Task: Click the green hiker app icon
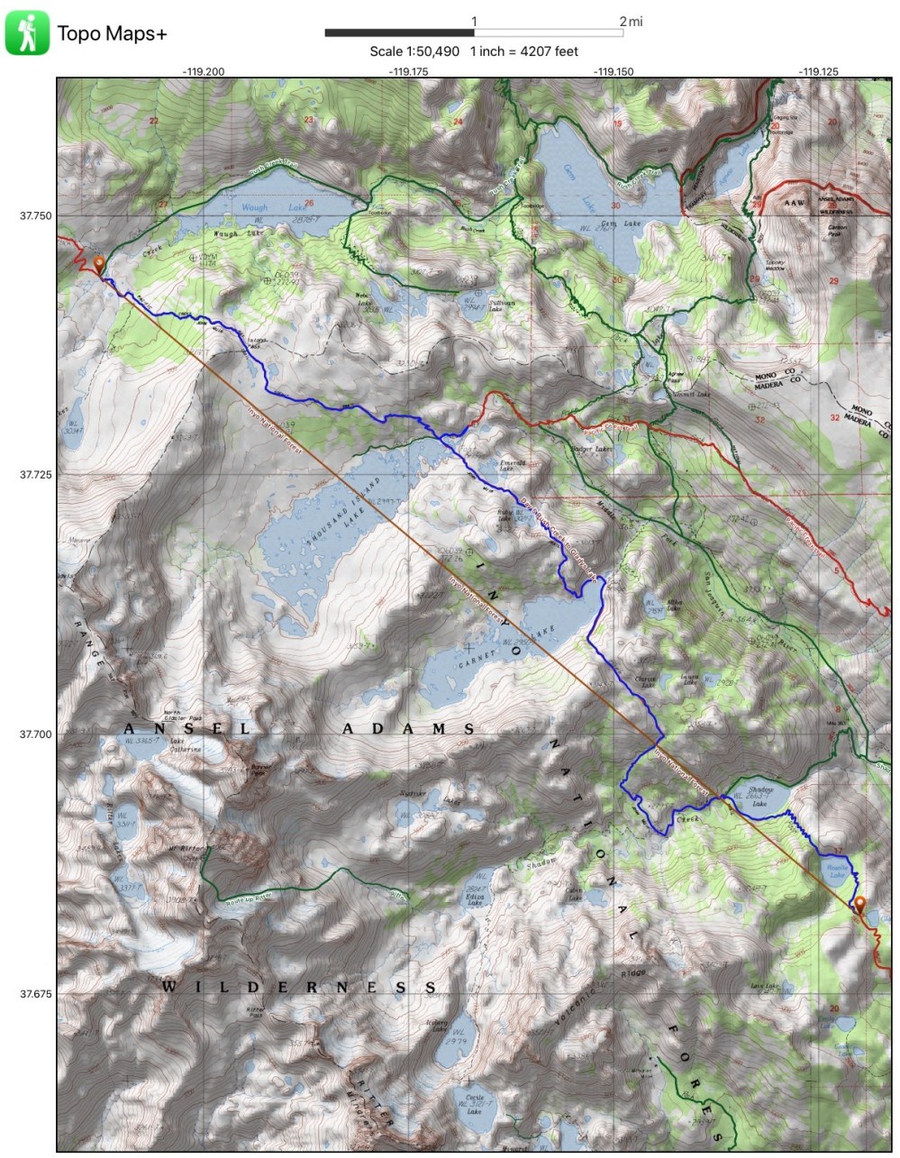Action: tap(27, 32)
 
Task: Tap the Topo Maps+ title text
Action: tap(112, 34)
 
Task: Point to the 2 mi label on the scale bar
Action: tap(631, 21)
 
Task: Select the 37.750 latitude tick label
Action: tap(36, 215)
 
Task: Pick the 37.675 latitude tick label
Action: tap(36, 994)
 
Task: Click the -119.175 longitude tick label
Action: tap(408, 70)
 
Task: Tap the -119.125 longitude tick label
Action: tap(817, 70)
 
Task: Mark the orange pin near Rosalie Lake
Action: tap(859, 905)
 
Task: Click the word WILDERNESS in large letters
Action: tap(300, 987)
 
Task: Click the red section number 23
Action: tap(309, 120)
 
